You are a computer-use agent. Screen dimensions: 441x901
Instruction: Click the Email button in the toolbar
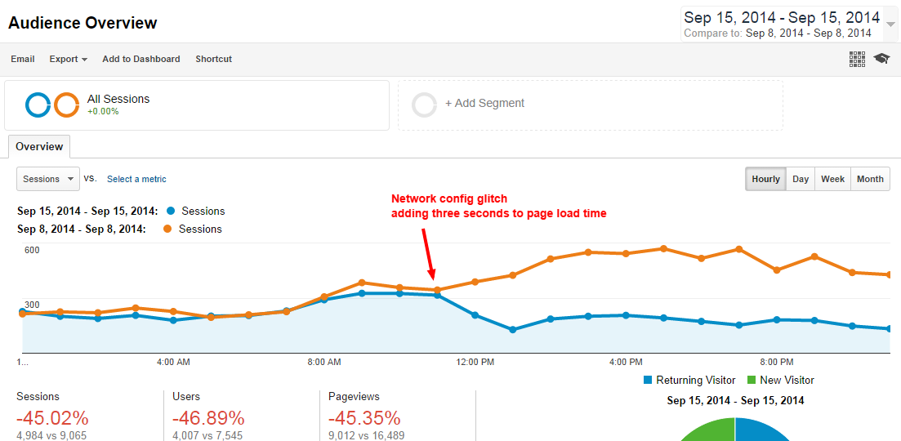pos(23,59)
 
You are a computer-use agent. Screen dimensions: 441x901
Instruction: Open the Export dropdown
pos(68,59)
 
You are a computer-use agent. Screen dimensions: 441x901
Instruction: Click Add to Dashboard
pos(141,59)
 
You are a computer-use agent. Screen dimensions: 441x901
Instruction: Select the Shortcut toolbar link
pos(213,59)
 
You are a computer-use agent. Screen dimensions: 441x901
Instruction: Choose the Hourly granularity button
pos(765,179)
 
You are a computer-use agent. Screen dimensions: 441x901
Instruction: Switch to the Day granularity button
pos(801,179)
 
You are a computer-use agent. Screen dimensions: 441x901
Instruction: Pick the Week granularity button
pos(832,179)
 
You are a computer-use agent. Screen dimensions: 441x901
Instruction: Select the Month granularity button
pos(870,179)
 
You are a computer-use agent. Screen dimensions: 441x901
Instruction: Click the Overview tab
pos(39,147)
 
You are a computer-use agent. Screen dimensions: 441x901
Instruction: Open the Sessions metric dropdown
pos(48,179)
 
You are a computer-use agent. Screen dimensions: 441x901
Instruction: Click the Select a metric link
pos(136,179)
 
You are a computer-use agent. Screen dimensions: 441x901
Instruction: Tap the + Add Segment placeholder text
pos(484,104)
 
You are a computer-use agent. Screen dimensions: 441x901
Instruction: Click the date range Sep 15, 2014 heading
pos(782,17)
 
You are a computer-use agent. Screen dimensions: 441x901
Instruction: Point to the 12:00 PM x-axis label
pos(475,361)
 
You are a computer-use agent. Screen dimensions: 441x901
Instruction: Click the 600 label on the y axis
pos(32,250)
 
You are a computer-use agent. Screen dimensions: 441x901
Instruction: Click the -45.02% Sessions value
pos(52,418)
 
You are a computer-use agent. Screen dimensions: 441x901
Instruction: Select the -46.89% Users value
pos(209,418)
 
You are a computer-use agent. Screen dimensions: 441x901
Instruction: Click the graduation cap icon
pos(881,59)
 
